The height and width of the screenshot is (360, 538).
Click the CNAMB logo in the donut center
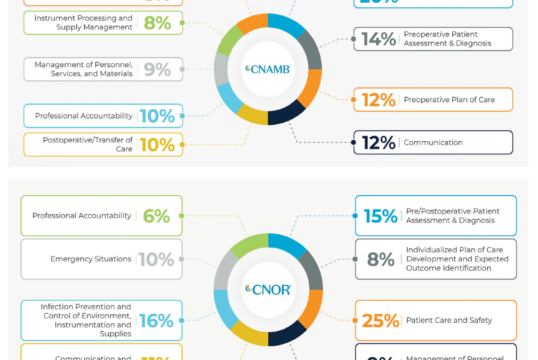(268, 69)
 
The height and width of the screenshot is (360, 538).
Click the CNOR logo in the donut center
(268, 290)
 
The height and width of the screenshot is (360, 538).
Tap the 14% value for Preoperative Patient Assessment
(379, 39)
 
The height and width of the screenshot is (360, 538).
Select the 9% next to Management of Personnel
(157, 69)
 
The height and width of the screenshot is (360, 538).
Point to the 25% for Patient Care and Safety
(380, 321)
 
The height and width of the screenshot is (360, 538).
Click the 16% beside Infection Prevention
(156, 321)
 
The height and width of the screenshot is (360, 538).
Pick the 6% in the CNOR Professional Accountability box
(156, 216)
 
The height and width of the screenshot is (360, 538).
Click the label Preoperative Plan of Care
(449, 100)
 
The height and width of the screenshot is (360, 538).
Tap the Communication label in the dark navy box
(433, 142)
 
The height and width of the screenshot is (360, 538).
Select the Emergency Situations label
(91, 259)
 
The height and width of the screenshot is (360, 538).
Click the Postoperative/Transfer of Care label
(88, 145)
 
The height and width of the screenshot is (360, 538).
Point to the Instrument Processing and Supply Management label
(83, 22)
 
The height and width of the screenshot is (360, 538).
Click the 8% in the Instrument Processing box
(157, 23)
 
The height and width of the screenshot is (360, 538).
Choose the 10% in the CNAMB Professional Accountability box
(157, 116)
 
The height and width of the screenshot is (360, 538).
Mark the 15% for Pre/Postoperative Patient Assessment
(380, 216)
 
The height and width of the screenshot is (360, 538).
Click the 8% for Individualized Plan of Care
(380, 259)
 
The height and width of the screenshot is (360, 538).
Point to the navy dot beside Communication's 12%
(354, 142)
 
